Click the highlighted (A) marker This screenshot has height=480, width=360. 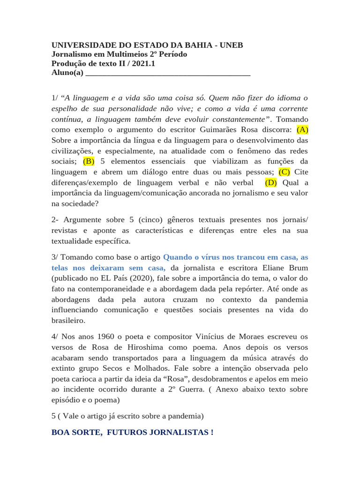(302, 129)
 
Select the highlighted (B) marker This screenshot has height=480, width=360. (89, 161)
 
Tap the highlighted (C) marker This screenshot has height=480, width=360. (285, 172)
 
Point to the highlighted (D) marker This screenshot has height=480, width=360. (271, 182)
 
